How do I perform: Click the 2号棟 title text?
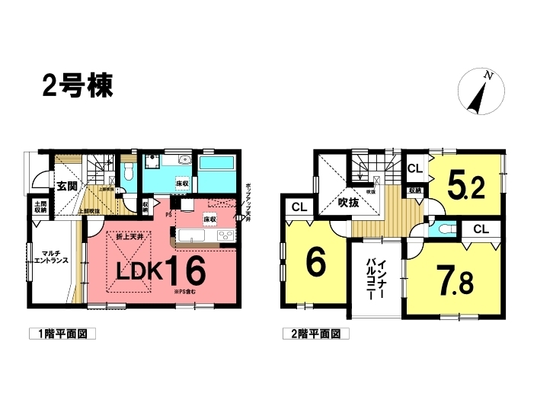(77, 85)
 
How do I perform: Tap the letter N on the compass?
(490, 76)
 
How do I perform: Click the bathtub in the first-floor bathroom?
(219, 165)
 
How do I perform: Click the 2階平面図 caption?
(315, 334)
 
